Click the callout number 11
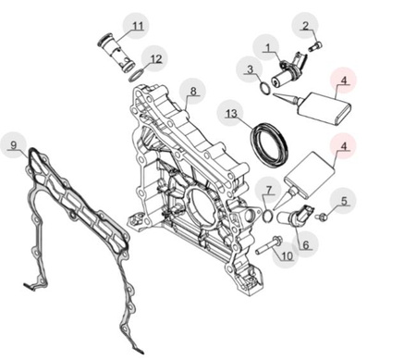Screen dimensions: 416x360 pos(138,26)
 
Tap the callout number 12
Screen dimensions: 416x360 pos(156,58)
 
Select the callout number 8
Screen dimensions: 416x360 pos(193,92)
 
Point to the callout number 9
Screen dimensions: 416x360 pos(13,144)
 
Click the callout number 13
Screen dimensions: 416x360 pos(231,114)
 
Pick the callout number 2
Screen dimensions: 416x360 pos(305,26)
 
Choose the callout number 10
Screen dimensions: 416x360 pos(288,255)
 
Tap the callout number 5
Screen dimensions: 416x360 pos(344,201)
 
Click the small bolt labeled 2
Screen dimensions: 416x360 pos(315,47)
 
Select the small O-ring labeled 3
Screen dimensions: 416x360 pos(264,89)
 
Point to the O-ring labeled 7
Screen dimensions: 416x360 pos(268,215)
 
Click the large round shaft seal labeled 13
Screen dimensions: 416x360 pos(269,145)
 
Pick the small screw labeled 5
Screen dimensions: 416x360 pos(321,217)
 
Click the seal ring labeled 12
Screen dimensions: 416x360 pos(136,76)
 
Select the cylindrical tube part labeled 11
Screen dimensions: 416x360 pos(116,53)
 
